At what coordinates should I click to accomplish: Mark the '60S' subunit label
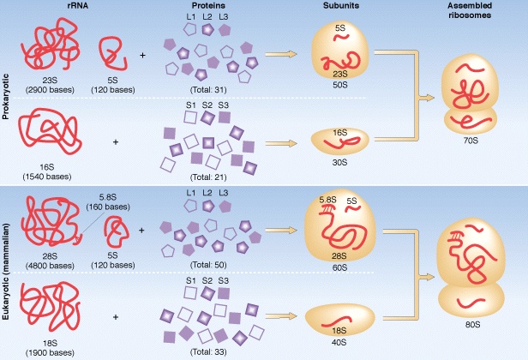click(x=340, y=266)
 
